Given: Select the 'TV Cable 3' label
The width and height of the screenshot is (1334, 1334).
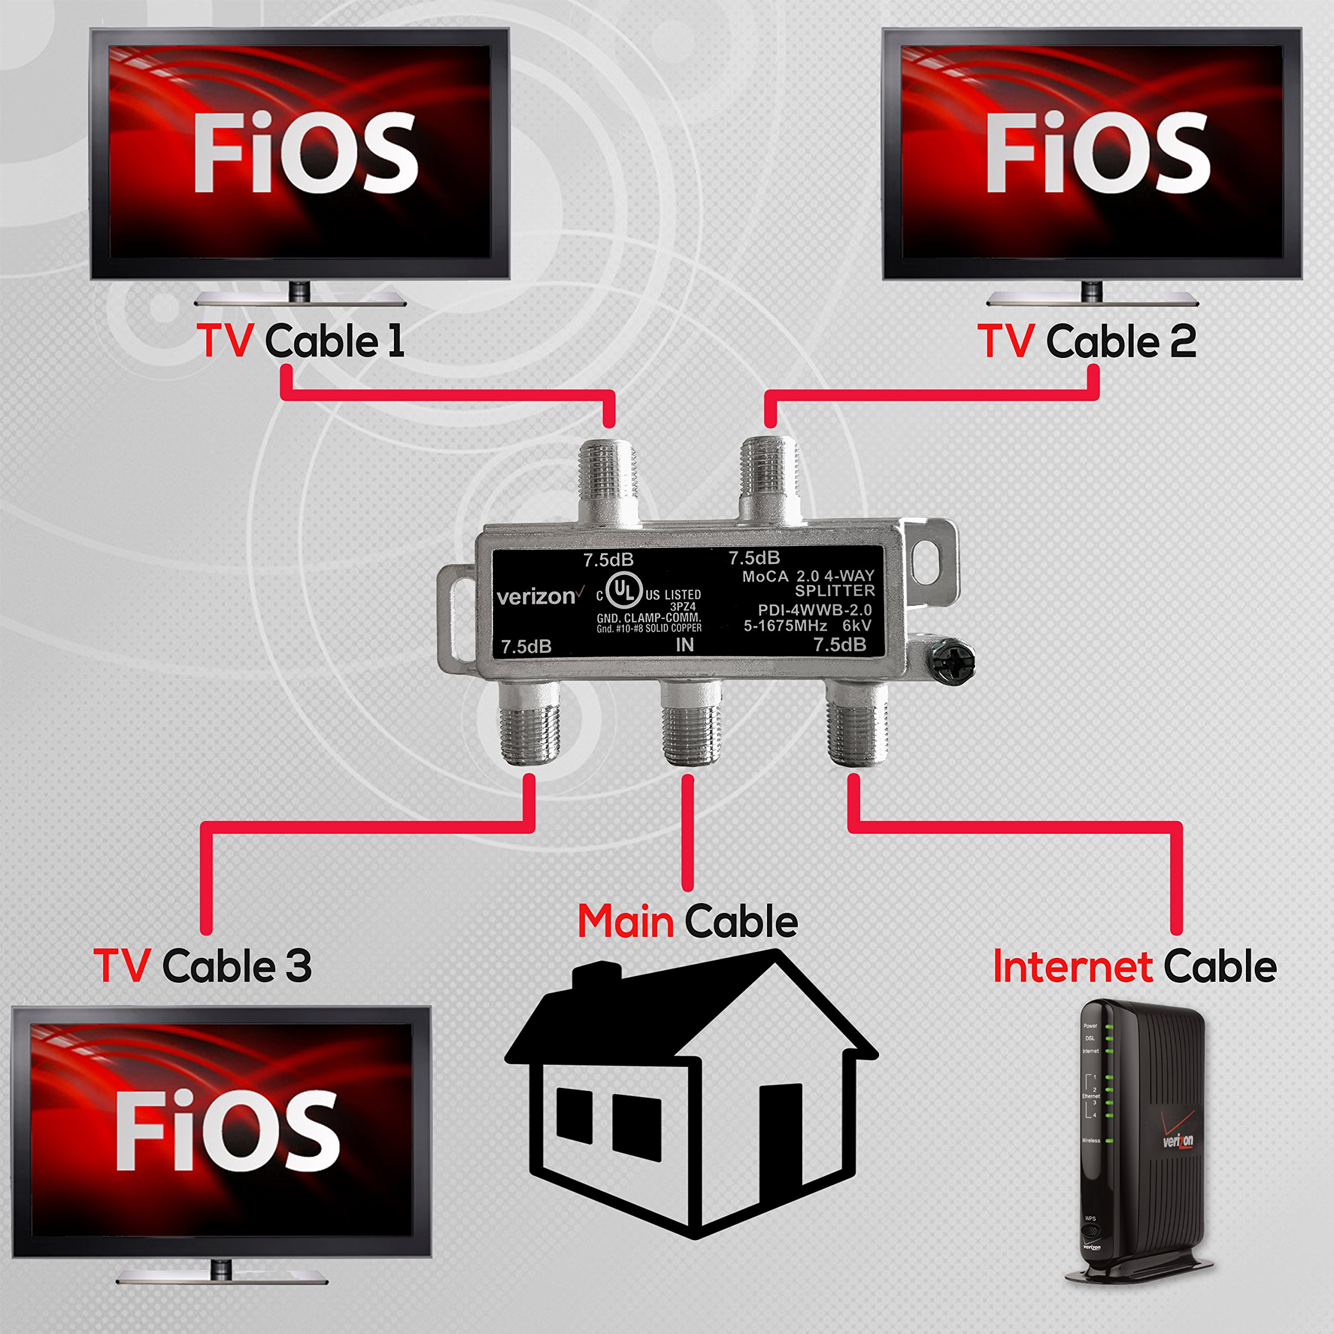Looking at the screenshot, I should pyautogui.click(x=202, y=965).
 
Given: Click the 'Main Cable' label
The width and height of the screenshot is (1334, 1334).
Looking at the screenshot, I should pyautogui.click(x=687, y=921).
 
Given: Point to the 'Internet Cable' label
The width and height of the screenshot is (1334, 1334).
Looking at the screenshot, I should pyautogui.click(x=1134, y=966).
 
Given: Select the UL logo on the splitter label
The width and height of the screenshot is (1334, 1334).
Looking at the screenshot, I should pyautogui.click(x=624, y=592).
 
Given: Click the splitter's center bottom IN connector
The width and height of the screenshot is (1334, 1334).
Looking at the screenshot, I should pyautogui.click(x=690, y=725).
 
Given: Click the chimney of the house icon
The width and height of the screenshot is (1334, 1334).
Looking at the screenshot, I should pyautogui.click(x=597, y=975).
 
